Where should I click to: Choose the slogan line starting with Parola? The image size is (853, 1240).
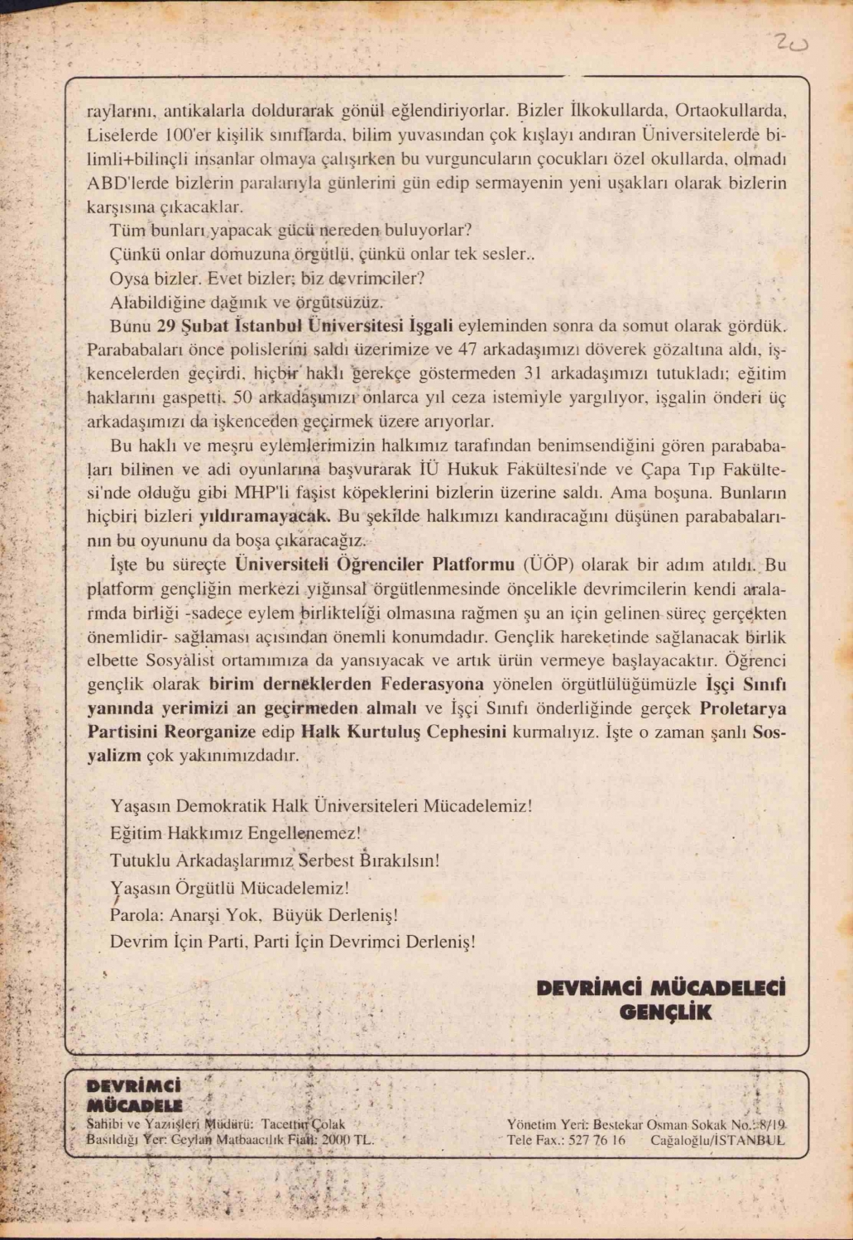coord(254,915)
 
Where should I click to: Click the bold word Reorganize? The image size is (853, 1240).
coord(210,732)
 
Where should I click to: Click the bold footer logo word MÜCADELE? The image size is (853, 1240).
coord(134,1105)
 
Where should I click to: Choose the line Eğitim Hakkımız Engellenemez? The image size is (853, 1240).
coord(236,832)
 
